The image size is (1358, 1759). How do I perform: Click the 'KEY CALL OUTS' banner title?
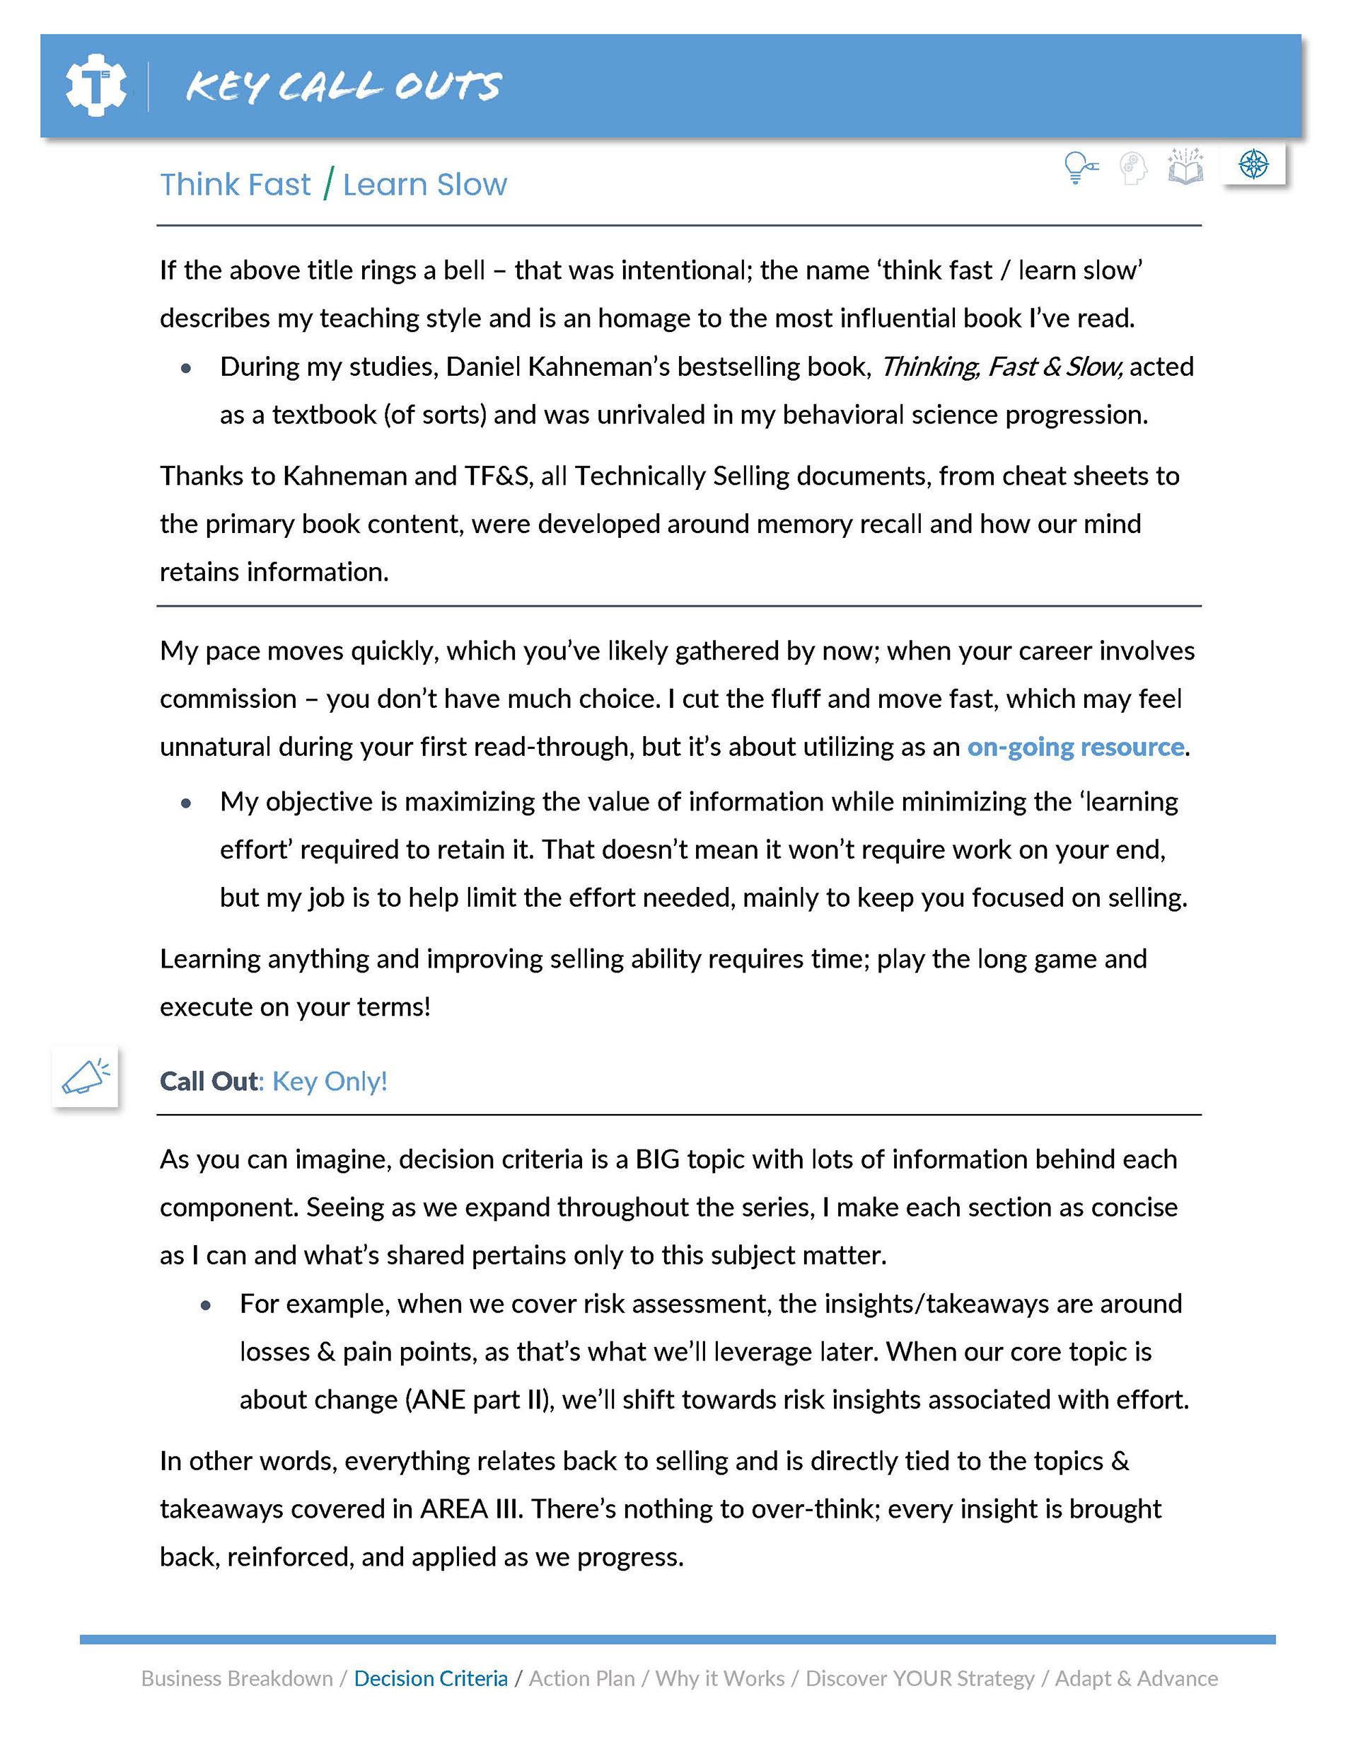tap(343, 86)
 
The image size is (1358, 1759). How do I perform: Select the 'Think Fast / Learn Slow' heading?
tap(333, 185)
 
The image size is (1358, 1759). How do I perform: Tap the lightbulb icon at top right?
tap(1079, 168)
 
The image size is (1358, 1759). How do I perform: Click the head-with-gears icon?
tap(1132, 168)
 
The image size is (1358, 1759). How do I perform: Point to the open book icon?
tap(1185, 167)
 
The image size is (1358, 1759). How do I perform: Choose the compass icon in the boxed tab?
tap(1253, 164)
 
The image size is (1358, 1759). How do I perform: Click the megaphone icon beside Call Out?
tap(86, 1077)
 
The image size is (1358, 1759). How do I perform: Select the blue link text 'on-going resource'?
tap(1074, 747)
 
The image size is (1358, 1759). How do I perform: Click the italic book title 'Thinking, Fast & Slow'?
tap(1000, 367)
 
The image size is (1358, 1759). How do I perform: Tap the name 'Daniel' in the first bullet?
tap(482, 367)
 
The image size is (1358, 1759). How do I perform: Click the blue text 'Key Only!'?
tap(329, 1081)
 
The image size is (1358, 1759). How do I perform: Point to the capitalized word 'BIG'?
tap(657, 1159)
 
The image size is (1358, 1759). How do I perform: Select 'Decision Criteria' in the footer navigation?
tap(431, 1678)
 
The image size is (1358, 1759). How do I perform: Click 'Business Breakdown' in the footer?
tap(237, 1678)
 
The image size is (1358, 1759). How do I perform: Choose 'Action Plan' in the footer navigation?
tap(581, 1678)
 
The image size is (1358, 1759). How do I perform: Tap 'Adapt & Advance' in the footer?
tap(1136, 1678)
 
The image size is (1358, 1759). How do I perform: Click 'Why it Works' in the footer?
tap(719, 1678)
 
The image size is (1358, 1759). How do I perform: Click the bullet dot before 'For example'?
tap(206, 1305)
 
